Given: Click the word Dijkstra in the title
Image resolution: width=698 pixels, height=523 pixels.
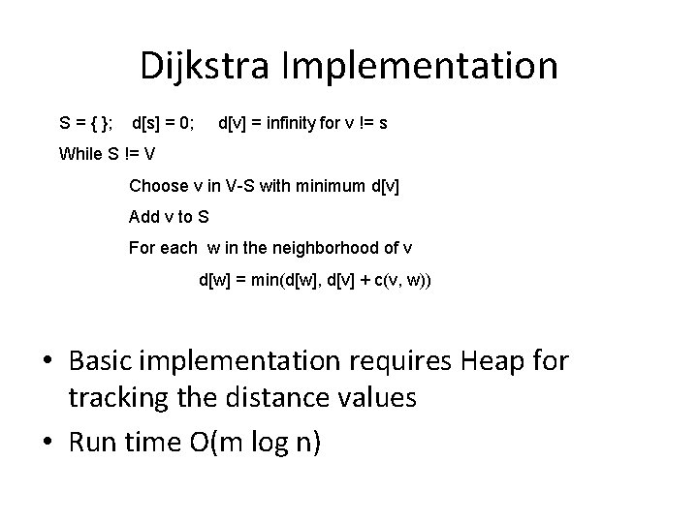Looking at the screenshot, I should point(206,67).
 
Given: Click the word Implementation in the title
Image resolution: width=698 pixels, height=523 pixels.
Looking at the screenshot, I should point(420,67).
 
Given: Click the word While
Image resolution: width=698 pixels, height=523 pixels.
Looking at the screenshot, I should point(81,153).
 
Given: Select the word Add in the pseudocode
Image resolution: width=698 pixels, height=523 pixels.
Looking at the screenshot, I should point(143,217).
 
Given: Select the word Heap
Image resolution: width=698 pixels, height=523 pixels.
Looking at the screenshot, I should point(500,362).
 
